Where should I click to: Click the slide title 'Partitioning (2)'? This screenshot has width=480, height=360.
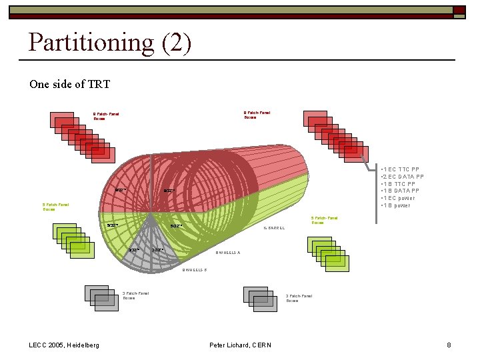(110, 43)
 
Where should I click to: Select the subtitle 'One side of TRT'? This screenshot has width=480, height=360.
(69, 84)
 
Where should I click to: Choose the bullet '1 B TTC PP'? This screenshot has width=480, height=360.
(399, 184)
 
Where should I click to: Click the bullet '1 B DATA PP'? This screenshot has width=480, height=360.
(402, 191)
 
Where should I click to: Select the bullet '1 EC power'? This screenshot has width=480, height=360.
(399, 198)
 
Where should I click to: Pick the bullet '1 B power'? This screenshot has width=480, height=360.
(397, 205)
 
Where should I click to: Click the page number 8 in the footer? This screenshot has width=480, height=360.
(449, 345)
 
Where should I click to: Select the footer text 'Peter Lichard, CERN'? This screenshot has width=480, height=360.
(240, 345)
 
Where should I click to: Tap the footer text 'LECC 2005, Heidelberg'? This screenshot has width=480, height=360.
(65, 345)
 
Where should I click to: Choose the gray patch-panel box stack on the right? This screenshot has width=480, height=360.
(259, 299)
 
